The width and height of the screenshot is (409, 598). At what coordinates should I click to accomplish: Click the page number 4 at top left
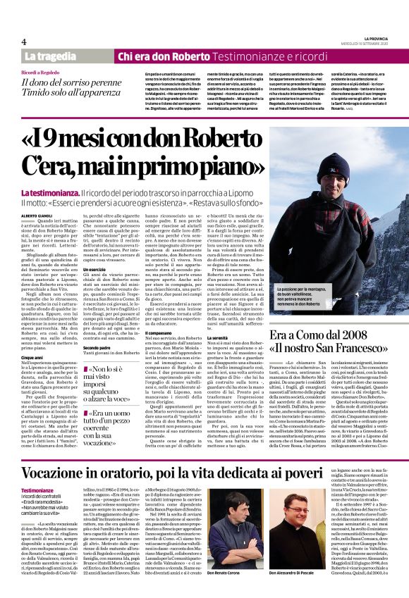pyautogui.click(x=24, y=41)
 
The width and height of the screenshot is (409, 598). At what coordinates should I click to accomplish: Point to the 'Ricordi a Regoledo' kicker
pyautogui.click(x=40, y=73)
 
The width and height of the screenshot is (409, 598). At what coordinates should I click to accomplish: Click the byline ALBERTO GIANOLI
pyautogui.click(x=38, y=214)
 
